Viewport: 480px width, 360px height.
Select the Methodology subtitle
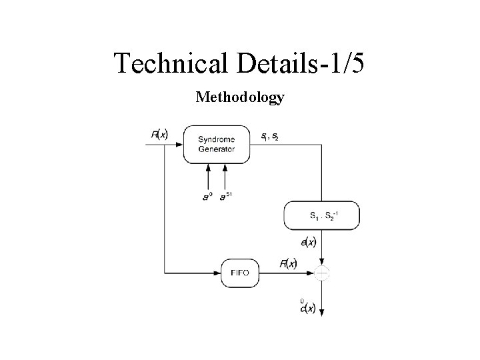click(x=240, y=98)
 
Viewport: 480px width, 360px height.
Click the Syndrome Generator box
click(x=217, y=144)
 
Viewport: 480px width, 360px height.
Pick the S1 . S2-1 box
click(x=322, y=215)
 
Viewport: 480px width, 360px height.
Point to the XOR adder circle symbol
click(x=322, y=273)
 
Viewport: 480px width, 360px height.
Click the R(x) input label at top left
click(x=159, y=135)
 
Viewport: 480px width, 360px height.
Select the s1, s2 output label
click(x=270, y=137)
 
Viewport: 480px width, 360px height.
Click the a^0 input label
click(x=207, y=196)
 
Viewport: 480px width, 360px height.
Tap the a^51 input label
click(x=227, y=195)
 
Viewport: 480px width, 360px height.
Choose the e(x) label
click(x=309, y=243)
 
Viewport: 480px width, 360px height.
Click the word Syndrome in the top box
click(x=216, y=139)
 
